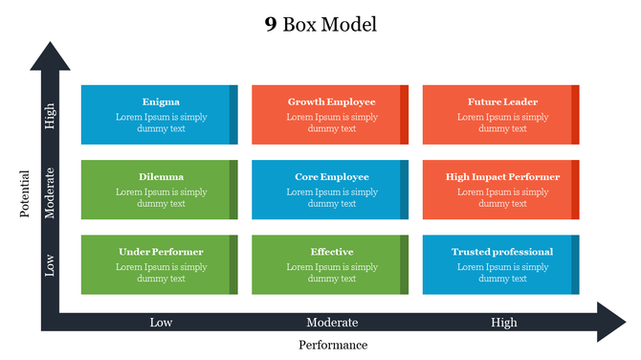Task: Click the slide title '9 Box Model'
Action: (320, 24)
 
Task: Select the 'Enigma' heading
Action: (161, 101)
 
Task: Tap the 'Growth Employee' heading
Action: (331, 101)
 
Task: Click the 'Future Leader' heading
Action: (502, 101)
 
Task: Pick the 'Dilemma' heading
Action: (161, 176)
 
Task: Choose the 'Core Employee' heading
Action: (331, 176)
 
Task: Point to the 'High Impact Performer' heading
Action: (502, 176)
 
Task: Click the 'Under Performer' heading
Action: (161, 252)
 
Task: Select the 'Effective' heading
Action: (331, 252)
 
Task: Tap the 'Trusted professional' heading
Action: (502, 252)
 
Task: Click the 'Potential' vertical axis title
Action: (26, 194)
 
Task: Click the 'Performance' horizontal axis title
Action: (332, 345)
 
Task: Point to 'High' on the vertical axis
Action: (50, 116)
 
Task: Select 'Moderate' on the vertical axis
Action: (50, 192)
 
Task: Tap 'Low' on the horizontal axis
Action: (161, 323)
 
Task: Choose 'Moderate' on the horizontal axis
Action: (332, 323)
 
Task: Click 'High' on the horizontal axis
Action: (503, 323)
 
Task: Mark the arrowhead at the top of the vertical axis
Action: (50, 56)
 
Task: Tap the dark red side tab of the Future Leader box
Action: (575, 115)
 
